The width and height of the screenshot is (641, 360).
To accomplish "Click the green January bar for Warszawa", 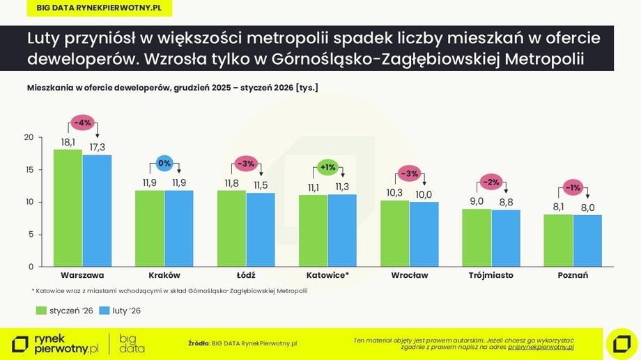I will (68, 208).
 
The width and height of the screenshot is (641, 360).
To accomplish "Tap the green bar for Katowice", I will (313, 230).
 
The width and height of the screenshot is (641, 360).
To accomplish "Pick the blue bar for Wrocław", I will (424, 234).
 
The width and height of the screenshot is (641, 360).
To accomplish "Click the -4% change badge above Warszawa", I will (82, 122).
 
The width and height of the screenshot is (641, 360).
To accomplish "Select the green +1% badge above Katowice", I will (327, 167).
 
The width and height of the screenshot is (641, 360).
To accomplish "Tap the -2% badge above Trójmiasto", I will (491, 182).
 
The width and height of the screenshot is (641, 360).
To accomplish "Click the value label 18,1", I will (68, 142).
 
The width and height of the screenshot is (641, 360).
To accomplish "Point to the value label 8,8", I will (507, 203).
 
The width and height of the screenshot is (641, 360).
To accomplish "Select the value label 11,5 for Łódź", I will (261, 185).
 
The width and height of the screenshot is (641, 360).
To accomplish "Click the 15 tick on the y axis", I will (29, 170).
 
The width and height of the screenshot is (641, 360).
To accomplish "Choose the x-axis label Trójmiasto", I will (491, 275).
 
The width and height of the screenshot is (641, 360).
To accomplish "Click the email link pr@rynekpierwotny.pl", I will (540, 346).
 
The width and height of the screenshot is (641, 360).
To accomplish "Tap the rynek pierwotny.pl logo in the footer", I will (56, 343).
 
